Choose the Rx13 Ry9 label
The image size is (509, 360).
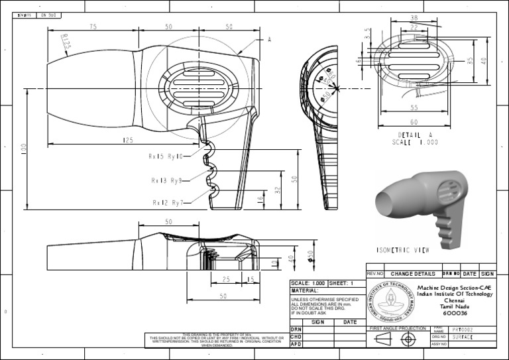(166, 180)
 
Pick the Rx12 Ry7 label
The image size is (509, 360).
(167, 202)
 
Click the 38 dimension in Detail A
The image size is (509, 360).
(414, 18)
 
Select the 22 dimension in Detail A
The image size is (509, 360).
(414, 27)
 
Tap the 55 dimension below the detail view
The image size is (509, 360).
(414, 107)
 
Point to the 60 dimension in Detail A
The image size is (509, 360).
(414, 122)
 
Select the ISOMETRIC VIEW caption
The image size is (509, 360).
(402, 251)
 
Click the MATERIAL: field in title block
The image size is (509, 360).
(305, 290)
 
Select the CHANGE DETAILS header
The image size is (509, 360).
(413, 273)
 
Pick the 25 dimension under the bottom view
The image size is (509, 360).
(226, 279)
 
